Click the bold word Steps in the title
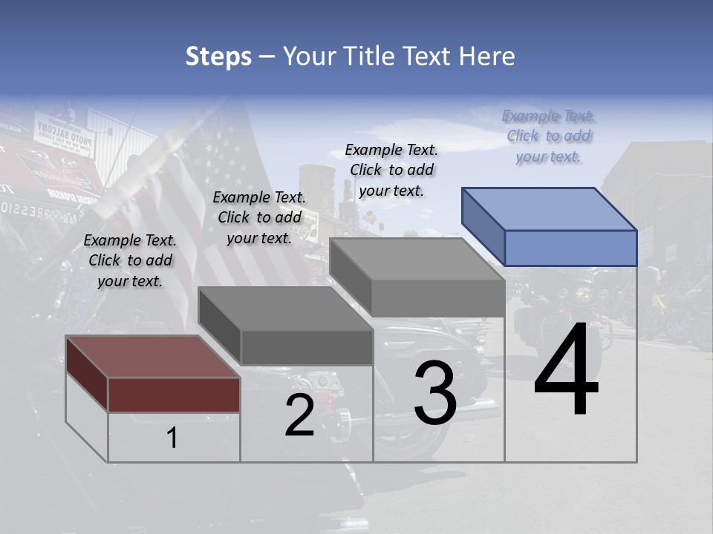coord(218,56)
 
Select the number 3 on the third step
coord(435,392)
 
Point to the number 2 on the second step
coord(299,416)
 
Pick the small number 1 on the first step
coord(172,438)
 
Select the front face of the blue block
coord(570,248)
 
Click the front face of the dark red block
coord(174,395)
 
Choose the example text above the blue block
coord(549,136)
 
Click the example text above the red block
coord(130,260)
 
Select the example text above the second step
coord(259,217)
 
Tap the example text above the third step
coord(391,170)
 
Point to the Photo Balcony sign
coord(65,136)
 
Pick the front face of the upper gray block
coord(438,299)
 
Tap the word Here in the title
coord(488,56)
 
